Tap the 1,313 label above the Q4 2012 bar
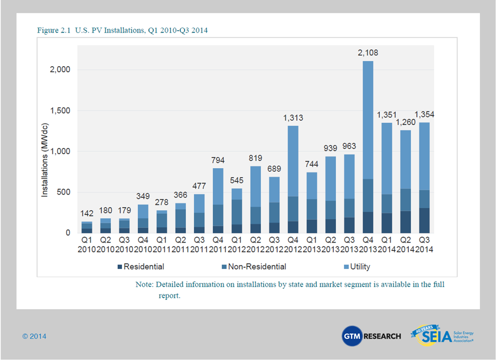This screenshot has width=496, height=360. [x=293, y=118]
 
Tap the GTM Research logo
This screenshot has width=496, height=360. [x=371, y=336]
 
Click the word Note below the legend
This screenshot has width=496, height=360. [x=144, y=285]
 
